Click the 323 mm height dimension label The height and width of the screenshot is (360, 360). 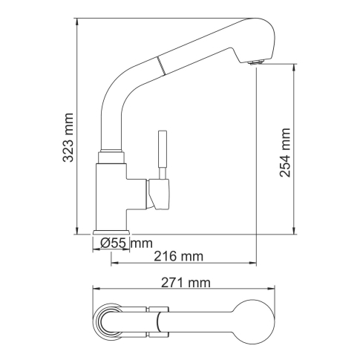pyautogui.click(x=68, y=137)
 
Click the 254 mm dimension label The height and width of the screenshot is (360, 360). pyautogui.click(x=285, y=152)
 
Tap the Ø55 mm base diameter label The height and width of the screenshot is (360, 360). pyautogui.click(x=126, y=243)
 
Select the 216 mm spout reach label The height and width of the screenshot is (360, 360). pyautogui.click(x=179, y=256)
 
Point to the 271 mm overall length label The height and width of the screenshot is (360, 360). pyautogui.click(x=186, y=283)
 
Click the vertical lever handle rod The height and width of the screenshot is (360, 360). pyautogui.click(x=163, y=154)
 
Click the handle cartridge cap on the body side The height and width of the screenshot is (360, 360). pyautogui.click(x=158, y=194)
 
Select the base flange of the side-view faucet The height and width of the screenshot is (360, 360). pyautogui.click(x=111, y=232)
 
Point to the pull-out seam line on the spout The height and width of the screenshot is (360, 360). pyautogui.click(x=160, y=65)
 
